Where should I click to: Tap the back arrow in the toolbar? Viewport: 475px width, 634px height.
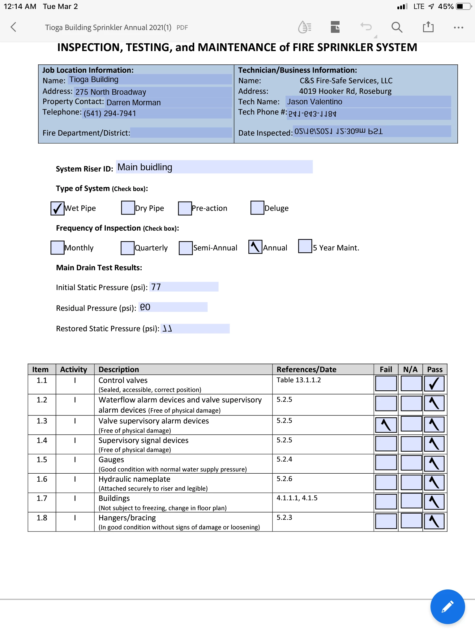[x=13, y=27]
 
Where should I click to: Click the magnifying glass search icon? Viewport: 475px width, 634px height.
[x=397, y=27]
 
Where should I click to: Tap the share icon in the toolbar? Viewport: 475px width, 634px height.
[x=428, y=27]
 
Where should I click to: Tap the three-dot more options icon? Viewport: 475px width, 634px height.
[x=458, y=28]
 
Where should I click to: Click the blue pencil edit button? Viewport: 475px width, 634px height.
[x=447, y=606]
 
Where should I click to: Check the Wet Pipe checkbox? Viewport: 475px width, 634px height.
[x=58, y=208]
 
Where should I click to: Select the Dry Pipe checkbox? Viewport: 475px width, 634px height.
[x=128, y=208]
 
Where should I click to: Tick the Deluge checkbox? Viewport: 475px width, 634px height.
[x=257, y=208]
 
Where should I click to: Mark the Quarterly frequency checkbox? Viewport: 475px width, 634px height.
[x=127, y=248]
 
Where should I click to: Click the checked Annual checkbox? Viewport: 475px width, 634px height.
[x=255, y=247]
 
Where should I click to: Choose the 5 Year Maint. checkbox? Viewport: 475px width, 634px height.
[x=305, y=246]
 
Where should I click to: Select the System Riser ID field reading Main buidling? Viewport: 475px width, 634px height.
[x=214, y=167]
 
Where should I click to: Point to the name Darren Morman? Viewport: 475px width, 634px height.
[x=134, y=102]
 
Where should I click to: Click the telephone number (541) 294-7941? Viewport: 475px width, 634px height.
[x=110, y=113]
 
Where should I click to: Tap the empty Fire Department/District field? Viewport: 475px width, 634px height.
[x=181, y=133]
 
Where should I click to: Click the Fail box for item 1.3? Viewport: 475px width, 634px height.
[x=386, y=425]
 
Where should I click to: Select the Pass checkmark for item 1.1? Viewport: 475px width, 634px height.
[x=434, y=384]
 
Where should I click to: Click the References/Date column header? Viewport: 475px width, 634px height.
[x=306, y=369]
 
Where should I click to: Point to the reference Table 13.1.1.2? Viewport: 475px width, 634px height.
[x=299, y=380]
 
